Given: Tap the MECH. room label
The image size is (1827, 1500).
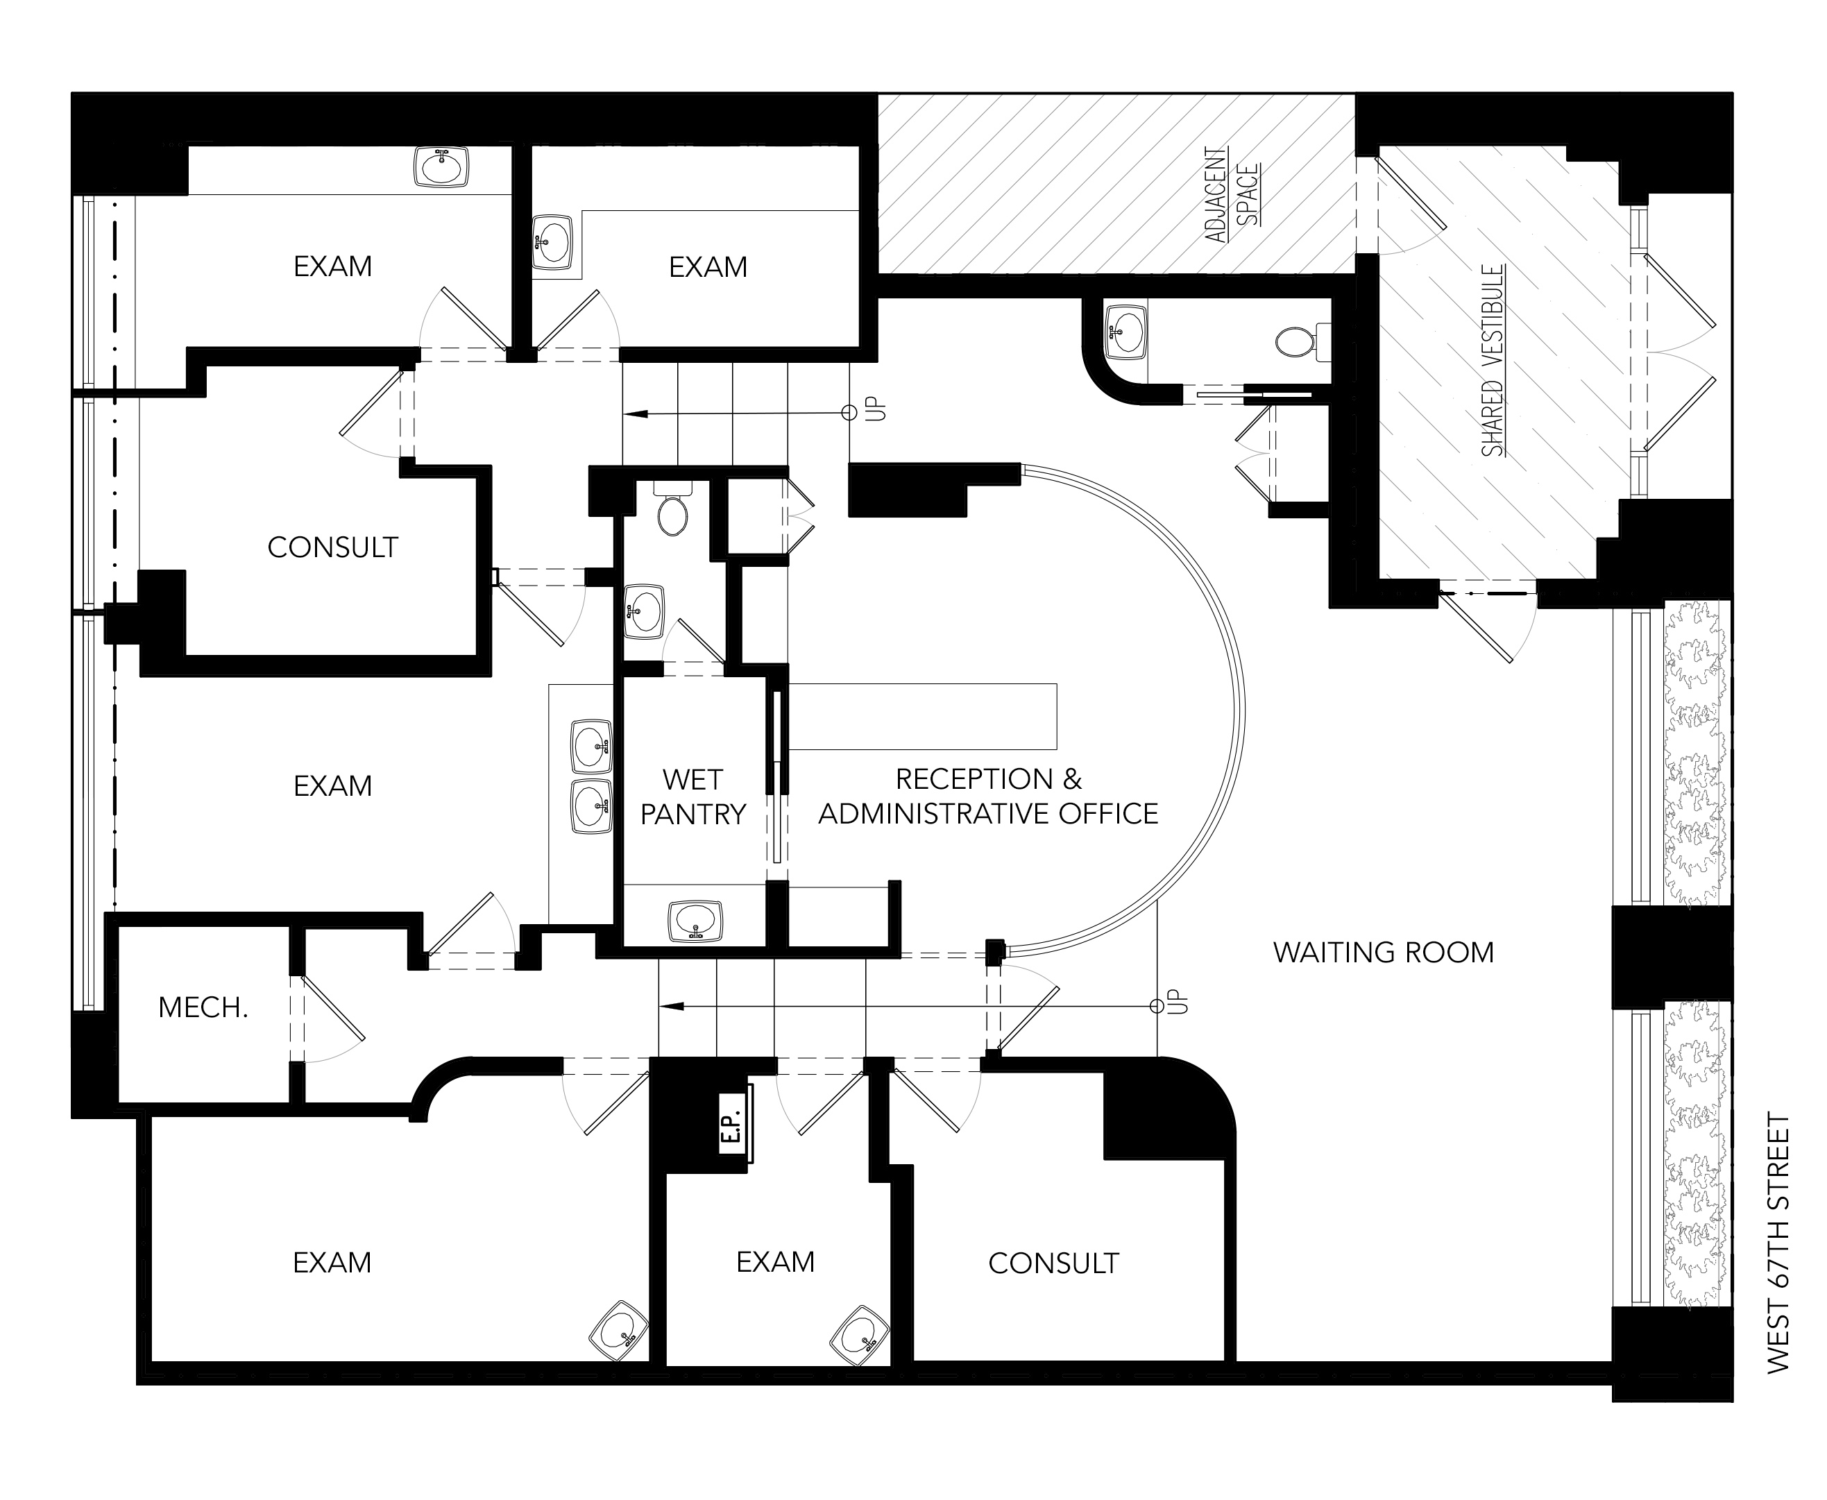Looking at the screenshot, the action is pyautogui.click(x=203, y=1007).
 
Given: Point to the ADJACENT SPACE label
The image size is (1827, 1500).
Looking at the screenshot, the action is pyautogui.click(x=1231, y=195).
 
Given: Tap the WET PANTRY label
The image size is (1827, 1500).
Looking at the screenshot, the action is pyautogui.click(x=692, y=796).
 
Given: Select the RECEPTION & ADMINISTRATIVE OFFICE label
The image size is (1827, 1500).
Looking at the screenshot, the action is pyautogui.click(x=988, y=796).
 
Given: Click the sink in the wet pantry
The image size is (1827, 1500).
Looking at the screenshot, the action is pyautogui.click(x=696, y=921).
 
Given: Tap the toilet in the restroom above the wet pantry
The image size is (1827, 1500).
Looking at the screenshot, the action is pyautogui.click(x=672, y=511).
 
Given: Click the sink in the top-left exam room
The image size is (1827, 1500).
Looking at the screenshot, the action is pyautogui.click(x=441, y=166).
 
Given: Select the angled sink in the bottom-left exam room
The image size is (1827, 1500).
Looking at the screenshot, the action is pyautogui.click(x=619, y=1332).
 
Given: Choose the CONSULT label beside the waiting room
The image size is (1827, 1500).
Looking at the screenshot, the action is pyautogui.click(x=1053, y=1263).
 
